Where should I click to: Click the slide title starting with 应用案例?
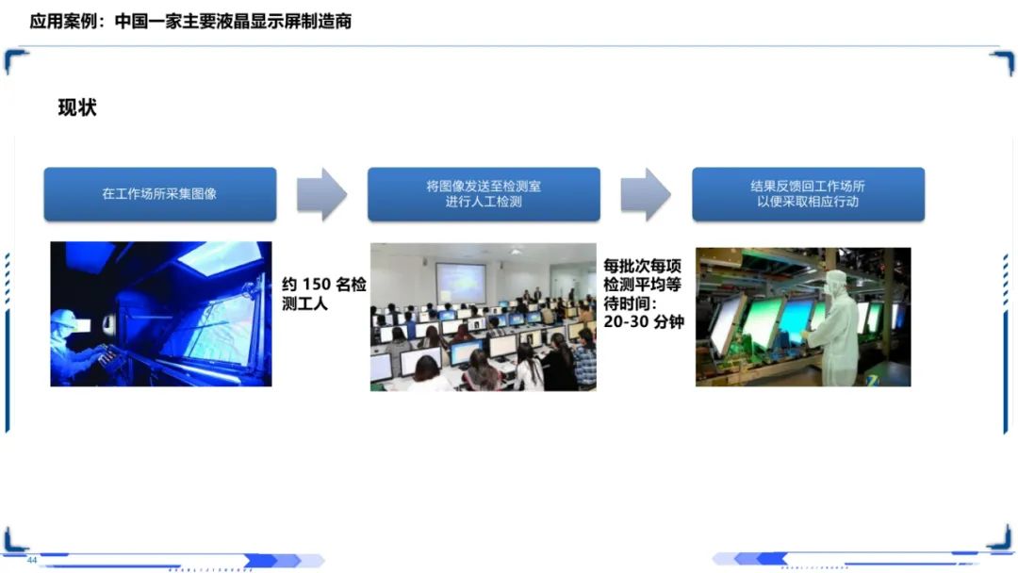190,22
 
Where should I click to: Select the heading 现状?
77,107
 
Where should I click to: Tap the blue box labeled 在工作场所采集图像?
159,194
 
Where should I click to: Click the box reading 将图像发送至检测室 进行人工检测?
484,194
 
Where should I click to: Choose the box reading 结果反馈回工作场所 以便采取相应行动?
808,194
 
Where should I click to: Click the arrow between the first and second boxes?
321,194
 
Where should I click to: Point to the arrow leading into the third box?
646,194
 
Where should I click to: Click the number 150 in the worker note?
317,285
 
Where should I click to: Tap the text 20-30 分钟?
644,321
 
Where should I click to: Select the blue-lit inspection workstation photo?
161,314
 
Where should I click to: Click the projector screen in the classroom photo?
461,283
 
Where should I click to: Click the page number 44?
32,560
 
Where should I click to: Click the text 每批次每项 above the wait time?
642,266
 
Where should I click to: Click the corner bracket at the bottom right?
1002,540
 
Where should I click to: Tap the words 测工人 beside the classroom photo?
304,303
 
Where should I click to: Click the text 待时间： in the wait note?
631,303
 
